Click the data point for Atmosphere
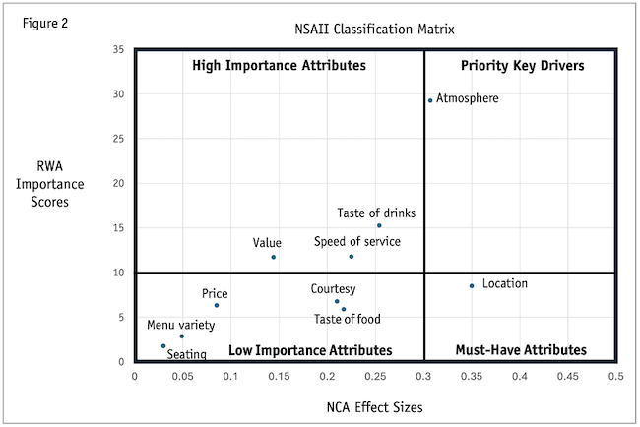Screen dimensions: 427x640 point(430,100)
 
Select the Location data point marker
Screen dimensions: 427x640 point(472,286)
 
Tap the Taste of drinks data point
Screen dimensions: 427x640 point(379,226)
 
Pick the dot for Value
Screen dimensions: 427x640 point(273,258)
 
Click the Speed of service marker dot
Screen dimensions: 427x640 point(351,257)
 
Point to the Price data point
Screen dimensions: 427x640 point(217,305)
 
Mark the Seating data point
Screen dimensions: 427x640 point(163,346)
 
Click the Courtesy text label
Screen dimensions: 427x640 point(333,289)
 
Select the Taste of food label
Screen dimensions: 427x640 point(347,319)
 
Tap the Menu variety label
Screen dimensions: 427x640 point(180,325)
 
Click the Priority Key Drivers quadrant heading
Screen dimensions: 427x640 point(522,66)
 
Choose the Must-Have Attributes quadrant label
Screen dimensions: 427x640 point(522,350)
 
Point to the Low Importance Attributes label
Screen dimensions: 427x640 point(310,350)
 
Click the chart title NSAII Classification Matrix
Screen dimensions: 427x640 point(373,28)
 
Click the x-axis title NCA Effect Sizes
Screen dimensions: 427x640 point(375,405)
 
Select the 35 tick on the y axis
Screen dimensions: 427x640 point(117,50)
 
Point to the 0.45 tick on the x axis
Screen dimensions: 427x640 point(568,375)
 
